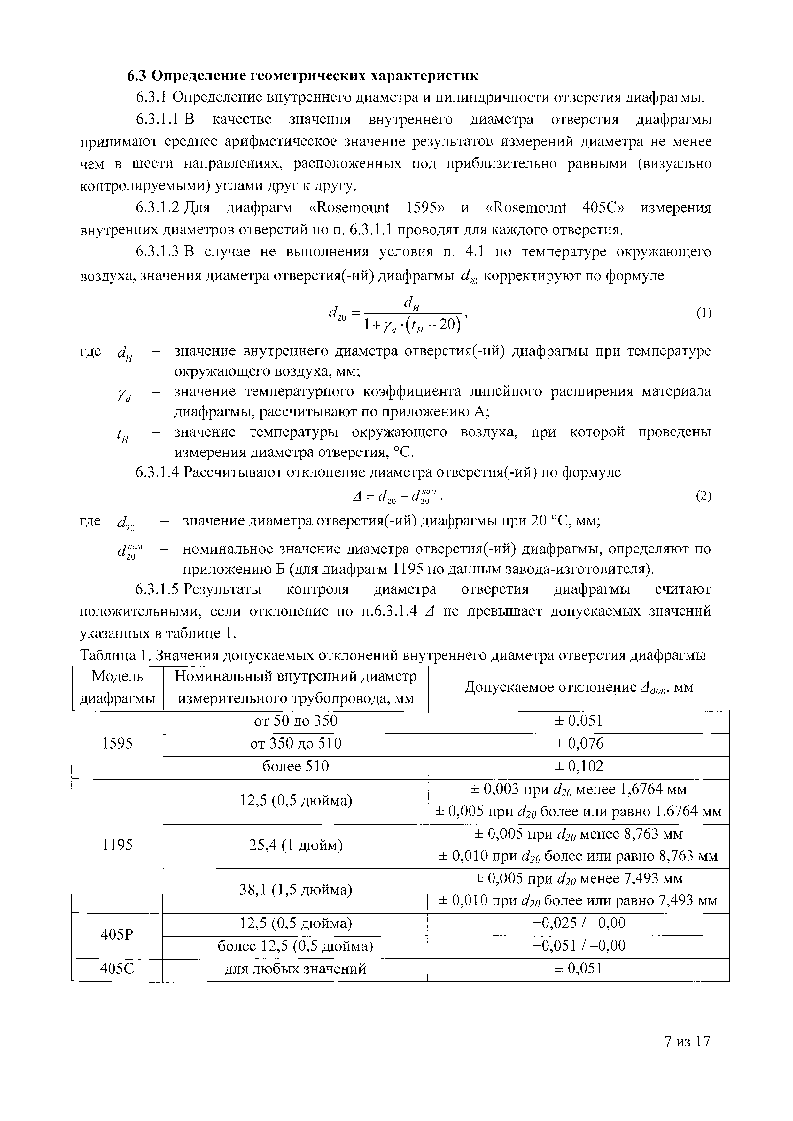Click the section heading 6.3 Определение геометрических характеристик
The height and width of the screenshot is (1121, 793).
303,76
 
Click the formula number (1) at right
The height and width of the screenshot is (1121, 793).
704,313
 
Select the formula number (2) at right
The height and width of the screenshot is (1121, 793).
704,496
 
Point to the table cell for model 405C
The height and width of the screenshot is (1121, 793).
117,969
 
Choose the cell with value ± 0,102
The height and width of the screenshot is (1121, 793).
579,767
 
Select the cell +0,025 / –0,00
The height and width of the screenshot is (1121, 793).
579,923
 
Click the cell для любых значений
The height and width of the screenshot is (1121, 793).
295,969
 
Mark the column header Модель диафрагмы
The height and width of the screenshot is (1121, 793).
117,688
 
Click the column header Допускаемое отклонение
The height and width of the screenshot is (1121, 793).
579,688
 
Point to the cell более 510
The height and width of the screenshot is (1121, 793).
295,767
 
